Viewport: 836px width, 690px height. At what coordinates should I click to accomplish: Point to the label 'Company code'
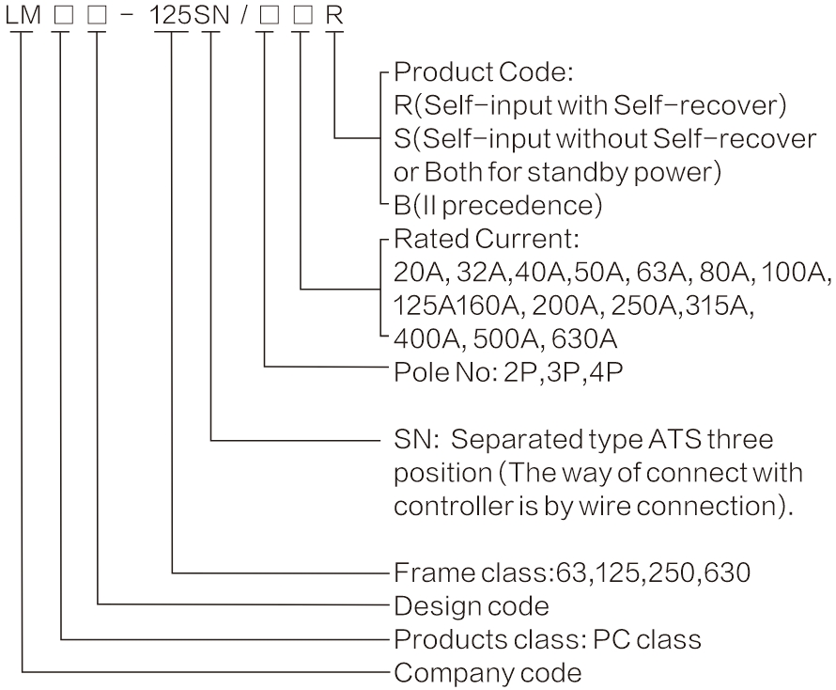[487, 672]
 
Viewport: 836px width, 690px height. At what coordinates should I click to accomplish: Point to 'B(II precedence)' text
[497, 204]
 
